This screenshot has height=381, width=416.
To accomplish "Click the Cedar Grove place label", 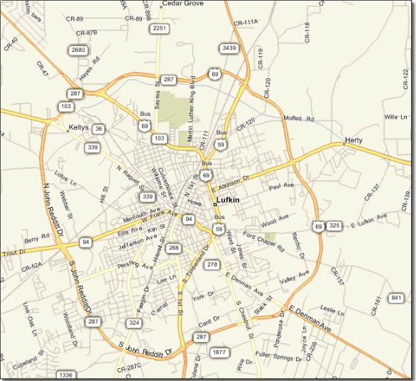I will pyautogui.click(x=183, y=4).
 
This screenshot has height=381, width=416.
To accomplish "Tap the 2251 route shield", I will pyautogui.click(x=159, y=28).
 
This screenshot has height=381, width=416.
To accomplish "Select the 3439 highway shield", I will pyautogui.click(x=229, y=48).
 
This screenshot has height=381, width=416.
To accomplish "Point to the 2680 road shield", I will pyautogui.click(x=78, y=50).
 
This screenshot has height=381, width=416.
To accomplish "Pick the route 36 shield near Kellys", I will pyautogui.click(x=99, y=129).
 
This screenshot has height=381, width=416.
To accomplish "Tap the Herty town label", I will pyautogui.click(x=354, y=141).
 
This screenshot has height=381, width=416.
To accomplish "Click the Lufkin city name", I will pyautogui.click(x=229, y=201).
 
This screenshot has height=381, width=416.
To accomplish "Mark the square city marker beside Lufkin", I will pyautogui.click(x=215, y=204).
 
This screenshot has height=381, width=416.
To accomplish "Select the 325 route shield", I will pyautogui.click(x=334, y=226).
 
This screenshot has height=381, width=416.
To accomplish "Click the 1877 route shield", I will pyautogui.click(x=219, y=353).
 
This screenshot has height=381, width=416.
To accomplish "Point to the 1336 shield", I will pyautogui.click(x=65, y=375).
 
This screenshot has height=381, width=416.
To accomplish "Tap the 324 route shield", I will pyautogui.click(x=133, y=323).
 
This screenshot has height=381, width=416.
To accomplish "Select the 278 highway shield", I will pyautogui.click(x=212, y=264).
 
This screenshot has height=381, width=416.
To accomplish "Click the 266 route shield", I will pyautogui.click(x=174, y=247).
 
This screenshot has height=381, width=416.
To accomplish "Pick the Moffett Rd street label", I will pyautogui.click(x=298, y=118).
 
